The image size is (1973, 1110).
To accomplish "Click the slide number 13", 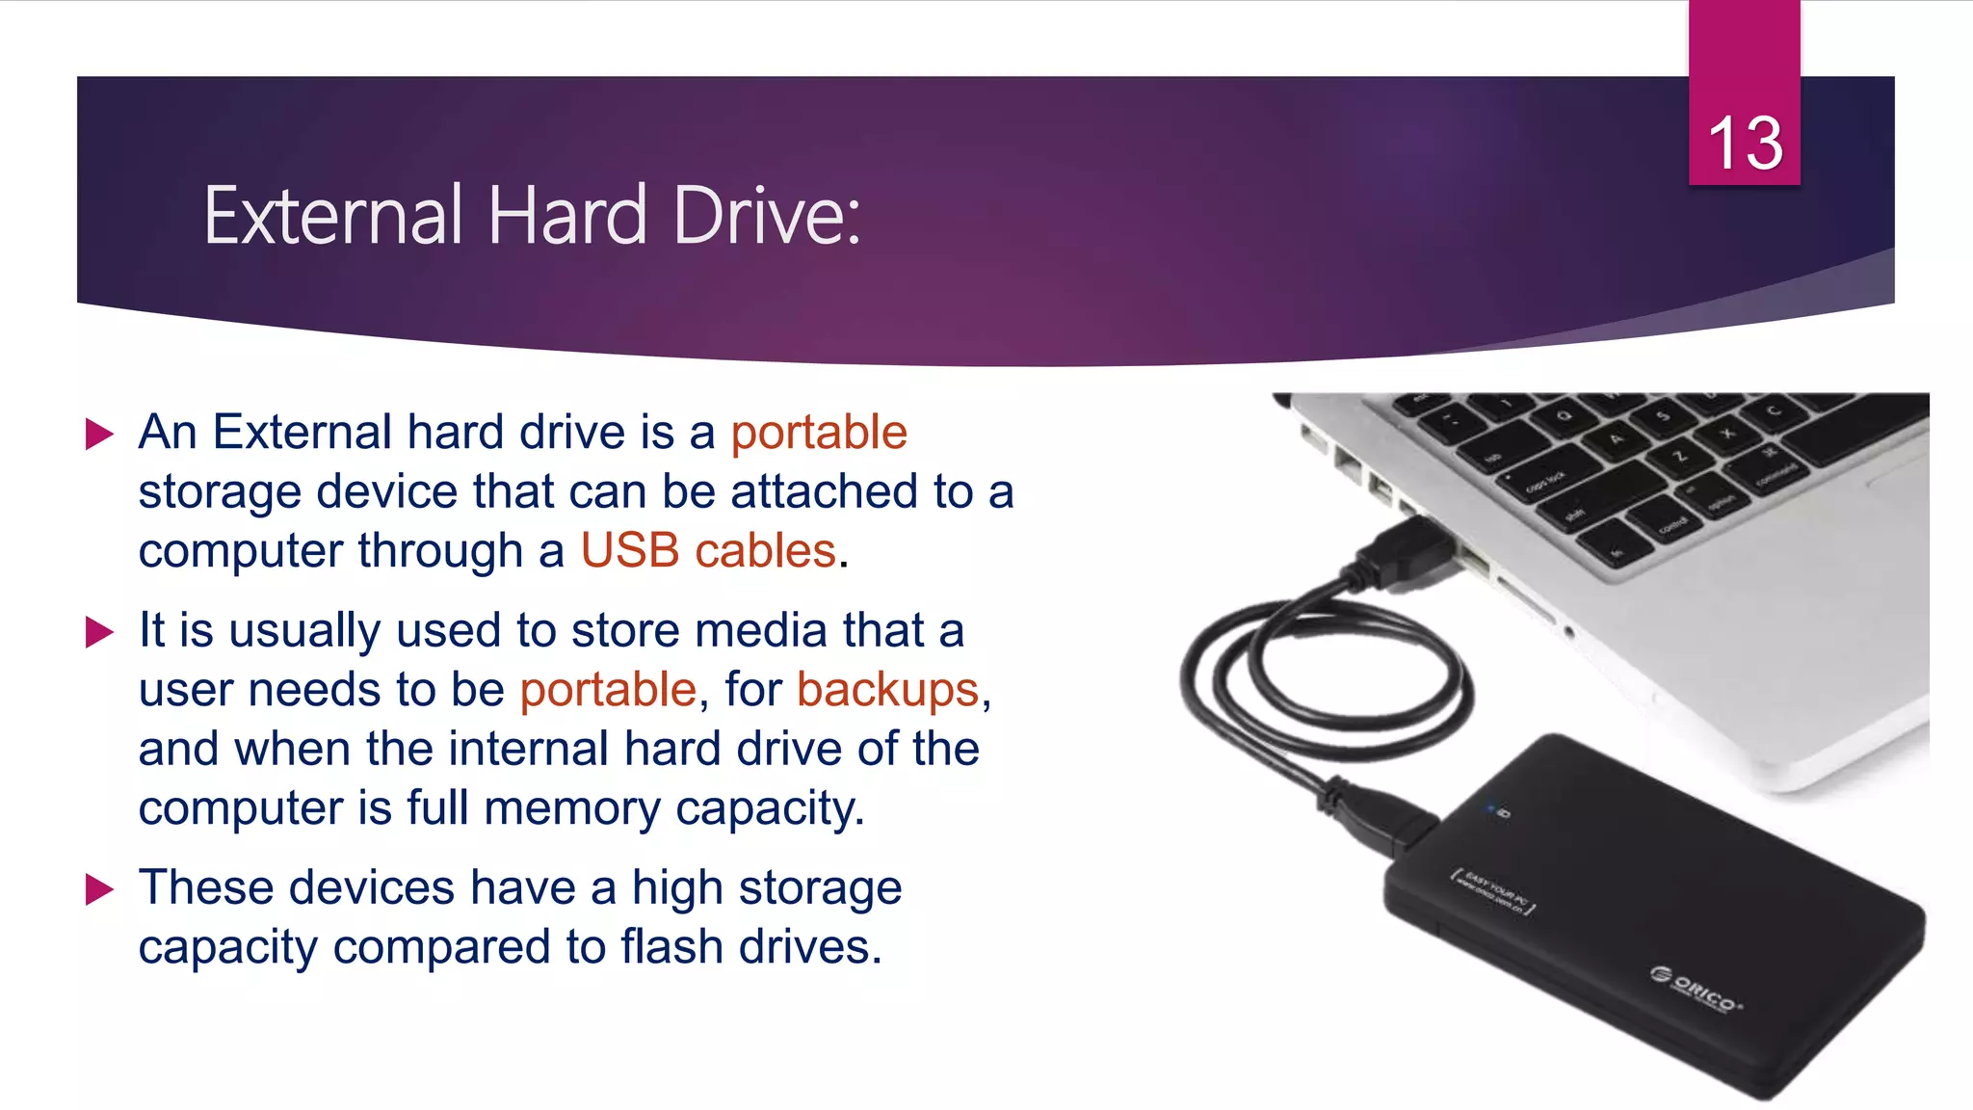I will (1745, 143).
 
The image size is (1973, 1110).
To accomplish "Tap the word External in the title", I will (333, 216).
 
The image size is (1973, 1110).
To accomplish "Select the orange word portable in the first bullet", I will (819, 432).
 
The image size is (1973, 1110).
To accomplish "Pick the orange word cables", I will (765, 551).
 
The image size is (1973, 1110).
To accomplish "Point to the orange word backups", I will (887, 690).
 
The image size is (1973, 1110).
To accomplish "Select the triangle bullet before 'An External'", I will (99, 434).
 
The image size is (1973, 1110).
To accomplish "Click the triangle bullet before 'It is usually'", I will (99, 632).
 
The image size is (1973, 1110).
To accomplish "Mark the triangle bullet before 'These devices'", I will (99, 889).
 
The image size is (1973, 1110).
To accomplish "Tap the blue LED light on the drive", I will (1491, 807).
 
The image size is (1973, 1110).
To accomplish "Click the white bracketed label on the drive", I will (1493, 892).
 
